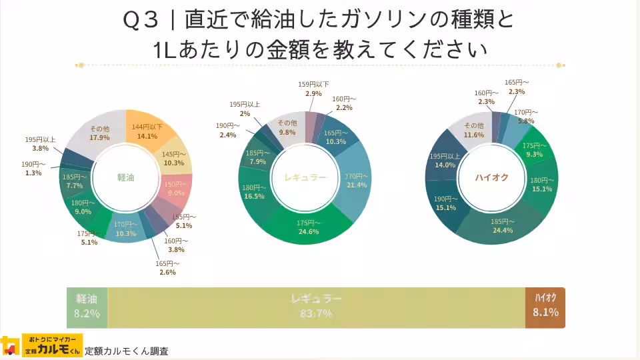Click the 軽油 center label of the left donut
[125, 178]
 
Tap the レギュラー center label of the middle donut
[305, 178]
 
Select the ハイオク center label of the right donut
[491, 178]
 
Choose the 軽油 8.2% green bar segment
[87, 307]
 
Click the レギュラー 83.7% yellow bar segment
[316, 307]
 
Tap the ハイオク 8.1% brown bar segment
[545, 307]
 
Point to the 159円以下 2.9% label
[313, 89]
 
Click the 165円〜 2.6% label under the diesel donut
[167, 268]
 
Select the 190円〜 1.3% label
[33, 169]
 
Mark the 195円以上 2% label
[245, 109]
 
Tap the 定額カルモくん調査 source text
[127, 351]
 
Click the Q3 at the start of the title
[141, 20]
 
